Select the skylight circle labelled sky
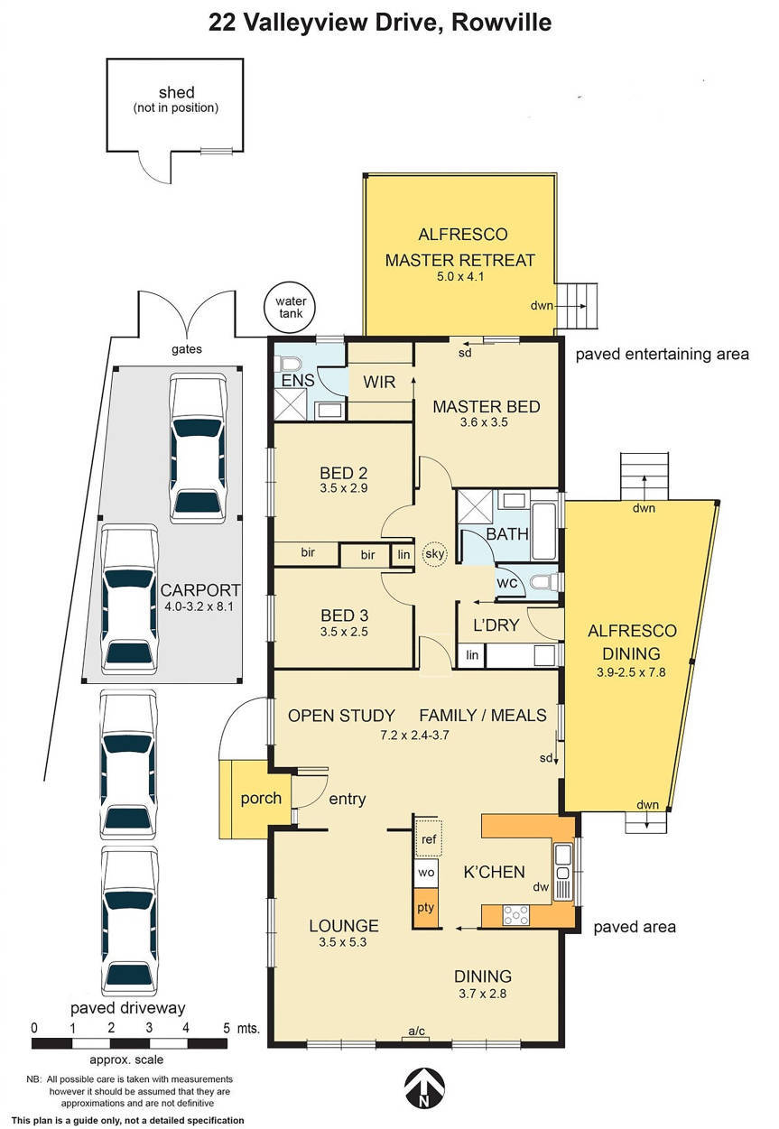434,554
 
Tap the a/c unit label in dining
416,1031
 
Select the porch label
261,798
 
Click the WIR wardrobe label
379,382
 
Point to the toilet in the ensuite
290,363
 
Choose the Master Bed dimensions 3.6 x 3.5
485,421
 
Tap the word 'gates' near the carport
186,348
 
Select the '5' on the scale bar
225,1027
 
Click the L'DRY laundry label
493,625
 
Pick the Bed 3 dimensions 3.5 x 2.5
344,632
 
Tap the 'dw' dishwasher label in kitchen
542,887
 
